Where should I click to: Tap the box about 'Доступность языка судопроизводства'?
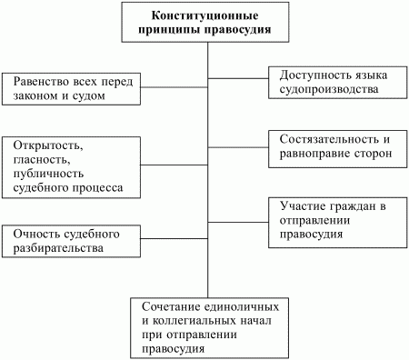(335, 83)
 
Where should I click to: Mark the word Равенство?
(45, 82)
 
